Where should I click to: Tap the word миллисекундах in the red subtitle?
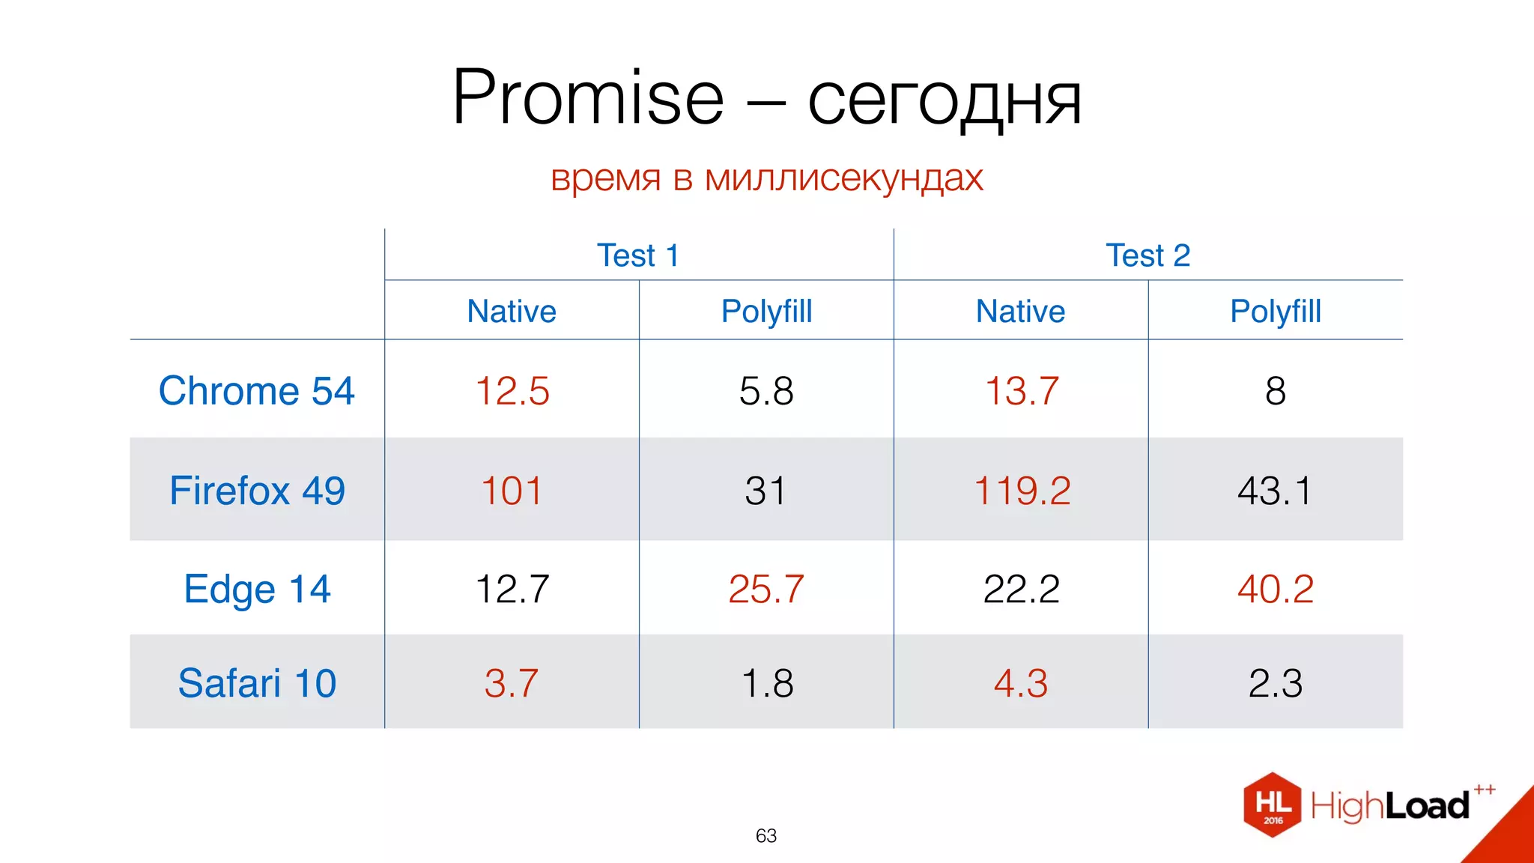[x=843, y=178]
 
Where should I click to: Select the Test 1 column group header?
[x=638, y=255]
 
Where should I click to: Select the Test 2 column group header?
[x=1148, y=255]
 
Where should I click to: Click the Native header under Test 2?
[x=1020, y=311]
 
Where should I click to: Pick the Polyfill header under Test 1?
[x=766, y=311]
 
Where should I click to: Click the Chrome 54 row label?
[x=256, y=390]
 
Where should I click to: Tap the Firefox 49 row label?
[x=257, y=491]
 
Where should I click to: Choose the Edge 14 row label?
[x=257, y=589]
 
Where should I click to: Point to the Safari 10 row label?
[x=257, y=683]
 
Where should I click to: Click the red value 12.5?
[x=512, y=391]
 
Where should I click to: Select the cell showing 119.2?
[x=1022, y=491]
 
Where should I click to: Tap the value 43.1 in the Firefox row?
[x=1275, y=491]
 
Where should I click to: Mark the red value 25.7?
[x=766, y=589]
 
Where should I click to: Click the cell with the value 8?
[x=1275, y=391]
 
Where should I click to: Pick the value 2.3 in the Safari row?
[x=1275, y=683]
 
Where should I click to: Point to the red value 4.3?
[x=1020, y=683]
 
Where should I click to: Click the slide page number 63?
[x=766, y=835]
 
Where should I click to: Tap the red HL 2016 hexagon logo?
[x=1272, y=805]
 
